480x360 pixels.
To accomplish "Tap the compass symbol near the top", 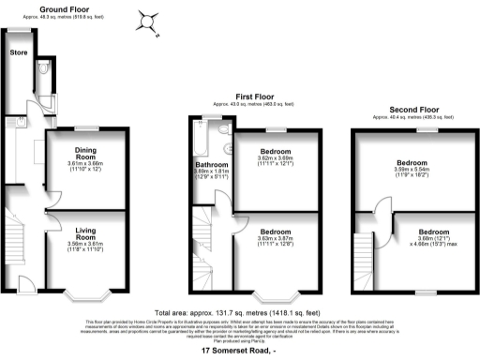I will coord(147,19).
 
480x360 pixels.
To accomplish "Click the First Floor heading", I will coord(253,95).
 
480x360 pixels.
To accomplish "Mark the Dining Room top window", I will coord(86,127).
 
